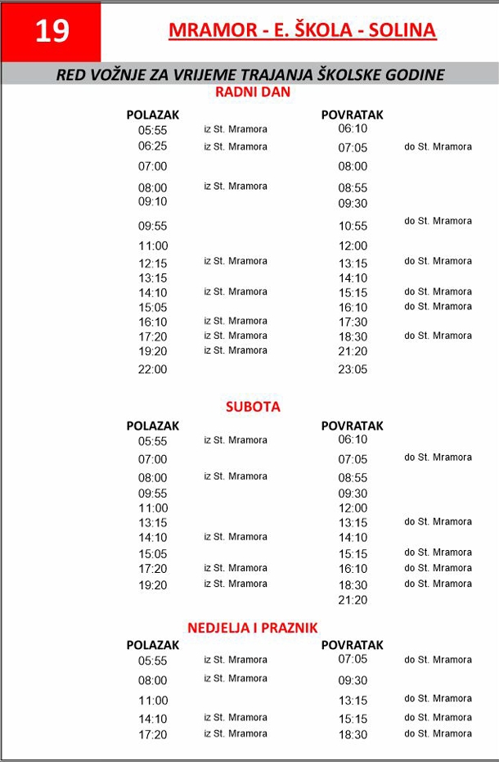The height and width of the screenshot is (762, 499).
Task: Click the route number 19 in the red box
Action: click(52, 31)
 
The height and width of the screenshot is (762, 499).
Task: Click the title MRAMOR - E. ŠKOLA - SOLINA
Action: click(302, 31)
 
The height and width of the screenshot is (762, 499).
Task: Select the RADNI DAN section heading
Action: click(252, 92)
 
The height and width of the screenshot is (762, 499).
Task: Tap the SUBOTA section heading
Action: click(253, 406)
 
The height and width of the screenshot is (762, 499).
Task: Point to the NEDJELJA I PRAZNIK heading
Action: click(253, 628)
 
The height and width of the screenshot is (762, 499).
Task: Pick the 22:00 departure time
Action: click(152, 369)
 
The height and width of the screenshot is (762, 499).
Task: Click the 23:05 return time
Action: click(353, 369)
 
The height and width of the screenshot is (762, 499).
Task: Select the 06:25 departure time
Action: click(152, 147)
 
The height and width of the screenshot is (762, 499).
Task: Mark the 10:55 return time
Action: click(353, 226)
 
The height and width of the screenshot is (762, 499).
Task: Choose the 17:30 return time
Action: click(353, 322)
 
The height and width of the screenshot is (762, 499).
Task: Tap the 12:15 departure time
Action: click(152, 264)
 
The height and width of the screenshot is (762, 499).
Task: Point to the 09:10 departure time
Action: click(152, 201)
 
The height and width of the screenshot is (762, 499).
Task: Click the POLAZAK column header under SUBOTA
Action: click(152, 426)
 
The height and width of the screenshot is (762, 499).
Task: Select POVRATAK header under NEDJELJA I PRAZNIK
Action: click(352, 645)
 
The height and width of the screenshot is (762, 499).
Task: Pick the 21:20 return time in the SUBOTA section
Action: click(353, 600)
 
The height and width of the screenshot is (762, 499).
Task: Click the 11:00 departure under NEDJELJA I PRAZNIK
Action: click(152, 701)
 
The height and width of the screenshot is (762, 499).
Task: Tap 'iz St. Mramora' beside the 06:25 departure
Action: click(236, 147)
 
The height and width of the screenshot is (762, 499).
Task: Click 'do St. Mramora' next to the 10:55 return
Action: click(438, 221)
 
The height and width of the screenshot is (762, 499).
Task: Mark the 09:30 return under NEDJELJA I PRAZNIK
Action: click(353, 680)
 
